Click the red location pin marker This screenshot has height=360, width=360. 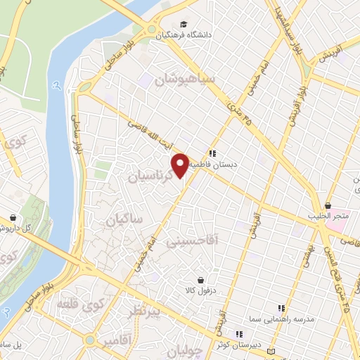[x=181, y=164]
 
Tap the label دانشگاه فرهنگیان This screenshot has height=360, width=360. [x=186, y=34]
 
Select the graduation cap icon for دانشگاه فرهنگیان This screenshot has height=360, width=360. [x=185, y=23]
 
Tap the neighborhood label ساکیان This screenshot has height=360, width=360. [x=124, y=220]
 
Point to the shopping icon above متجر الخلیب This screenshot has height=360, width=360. [x=328, y=205]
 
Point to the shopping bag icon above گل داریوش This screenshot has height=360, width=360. [x=13, y=217]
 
